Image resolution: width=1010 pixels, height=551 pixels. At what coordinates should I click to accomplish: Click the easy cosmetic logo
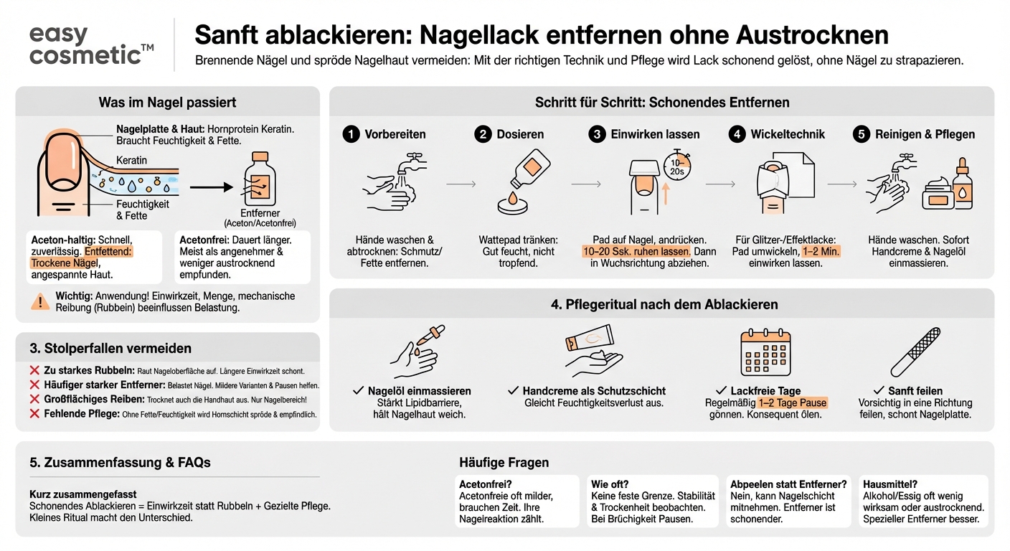click(91, 44)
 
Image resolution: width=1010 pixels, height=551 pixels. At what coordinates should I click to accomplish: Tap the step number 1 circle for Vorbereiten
click(351, 134)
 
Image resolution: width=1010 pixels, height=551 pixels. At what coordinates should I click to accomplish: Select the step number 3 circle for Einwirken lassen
click(596, 134)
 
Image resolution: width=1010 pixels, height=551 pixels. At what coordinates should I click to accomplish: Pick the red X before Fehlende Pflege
click(34, 414)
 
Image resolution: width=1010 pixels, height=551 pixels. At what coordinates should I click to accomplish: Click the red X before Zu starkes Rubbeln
click(34, 371)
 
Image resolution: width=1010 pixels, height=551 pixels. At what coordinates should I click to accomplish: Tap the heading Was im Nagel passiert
click(167, 103)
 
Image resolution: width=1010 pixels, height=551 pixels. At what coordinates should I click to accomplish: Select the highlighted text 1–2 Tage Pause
click(793, 403)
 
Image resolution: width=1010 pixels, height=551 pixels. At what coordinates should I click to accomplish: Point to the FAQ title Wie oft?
click(610, 484)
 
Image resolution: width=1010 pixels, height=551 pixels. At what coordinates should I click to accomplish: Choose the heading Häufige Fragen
click(504, 463)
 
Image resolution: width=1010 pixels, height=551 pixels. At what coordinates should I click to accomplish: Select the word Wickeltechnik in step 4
click(788, 134)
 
